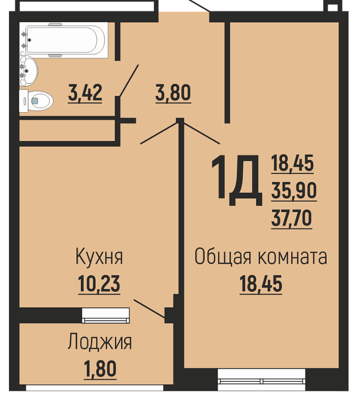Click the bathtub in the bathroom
coord(64,40)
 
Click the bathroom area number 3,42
coord(85,92)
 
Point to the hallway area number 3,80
coord(173,93)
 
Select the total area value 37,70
coord(292,218)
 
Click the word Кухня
coord(99,256)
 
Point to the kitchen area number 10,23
coord(99,284)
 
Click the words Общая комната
coord(261,256)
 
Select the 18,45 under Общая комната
coord(261,284)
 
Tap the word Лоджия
coord(100,342)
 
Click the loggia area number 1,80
coord(100,369)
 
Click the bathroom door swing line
coord(129,81)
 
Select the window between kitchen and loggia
coord(106,315)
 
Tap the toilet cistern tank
coord(24,101)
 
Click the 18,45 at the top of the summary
coord(292,163)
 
